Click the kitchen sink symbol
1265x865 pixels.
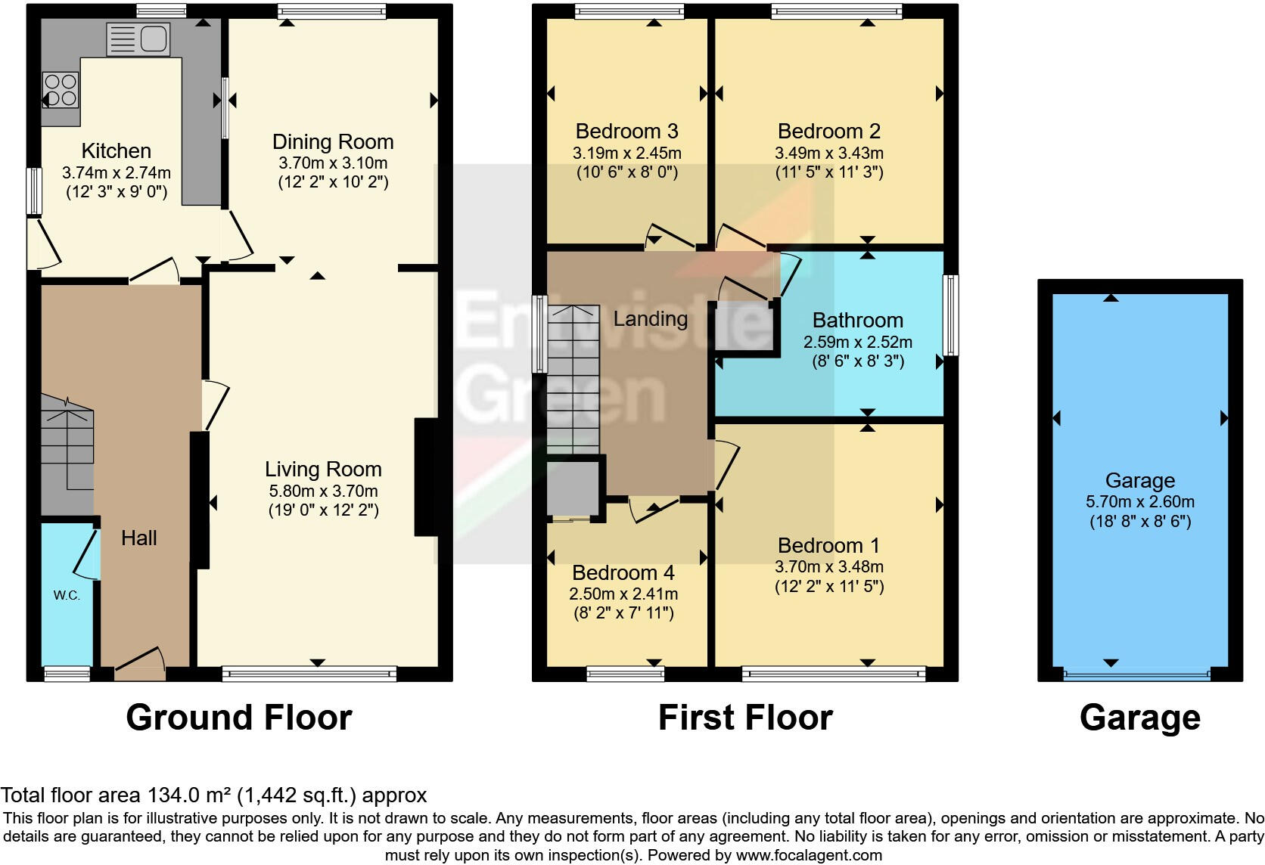pyautogui.click(x=138, y=39)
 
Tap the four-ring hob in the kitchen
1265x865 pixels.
pyautogui.click(x=61, y=89)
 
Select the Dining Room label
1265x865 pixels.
pyautogui.click(x=333, y=142)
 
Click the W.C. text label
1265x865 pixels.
pyautogui.click(x=67, y=595)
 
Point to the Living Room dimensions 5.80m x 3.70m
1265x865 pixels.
pyautogui.click(x=323, y=491)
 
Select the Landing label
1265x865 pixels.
pyautogui.click(x=650, y=319)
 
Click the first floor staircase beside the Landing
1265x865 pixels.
pyautogui.click(x=573, y=378)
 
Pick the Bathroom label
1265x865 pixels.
pyautogui.click(x=857, y=321)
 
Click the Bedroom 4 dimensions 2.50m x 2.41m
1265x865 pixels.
pyautogui.click(x=623, y=594)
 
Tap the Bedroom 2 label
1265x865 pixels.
pyautogui.click(x=828, y=132)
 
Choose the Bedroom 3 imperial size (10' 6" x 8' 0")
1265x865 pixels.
pyautogui.click(x=626, y=172)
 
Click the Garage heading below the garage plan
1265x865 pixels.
pyautogui.click(x=1139, y=718)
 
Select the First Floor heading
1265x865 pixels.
pyautogui.click(x=745, y=718)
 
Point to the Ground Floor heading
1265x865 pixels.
pyautogui.click(x=239, y=718)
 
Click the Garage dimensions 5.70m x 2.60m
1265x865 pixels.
pyautogui.click(x=1139, y=501)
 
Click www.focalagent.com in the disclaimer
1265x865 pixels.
pyautogui.click(x=808, y=856)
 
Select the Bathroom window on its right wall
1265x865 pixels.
pyautogui.click(x=950, y=315)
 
